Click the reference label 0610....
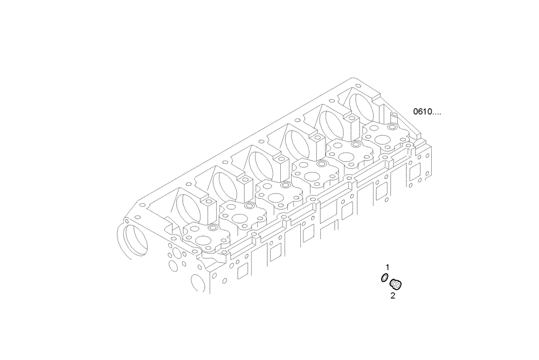(x=427, y=112)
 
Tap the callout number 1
(x=386, y=267)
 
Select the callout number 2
(x=393, y=295)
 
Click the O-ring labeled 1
(x=383, y=278)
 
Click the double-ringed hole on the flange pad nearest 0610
(x=390, y=128)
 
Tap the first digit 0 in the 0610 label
(x=416, y=112)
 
